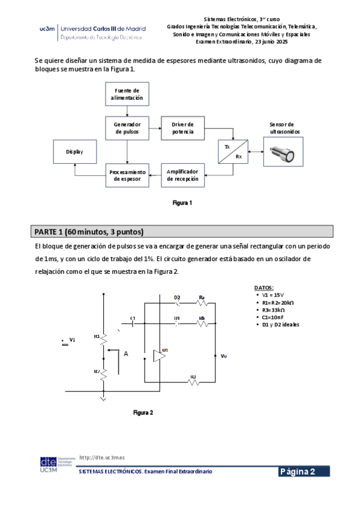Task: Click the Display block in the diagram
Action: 75,152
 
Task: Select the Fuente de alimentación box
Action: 127,94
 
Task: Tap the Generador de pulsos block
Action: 127,128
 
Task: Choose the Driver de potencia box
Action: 182,128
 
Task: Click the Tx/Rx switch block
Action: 233,152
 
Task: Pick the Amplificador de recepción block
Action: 182,175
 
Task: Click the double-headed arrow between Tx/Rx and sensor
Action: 256,152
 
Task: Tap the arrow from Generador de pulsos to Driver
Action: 154,128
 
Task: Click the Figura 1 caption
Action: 182,203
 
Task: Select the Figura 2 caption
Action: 143,413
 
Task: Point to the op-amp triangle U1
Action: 160,355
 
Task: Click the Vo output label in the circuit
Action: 223,357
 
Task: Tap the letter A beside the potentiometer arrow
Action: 126,354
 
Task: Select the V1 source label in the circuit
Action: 73,340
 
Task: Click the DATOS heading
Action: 263,288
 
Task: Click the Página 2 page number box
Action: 304,472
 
